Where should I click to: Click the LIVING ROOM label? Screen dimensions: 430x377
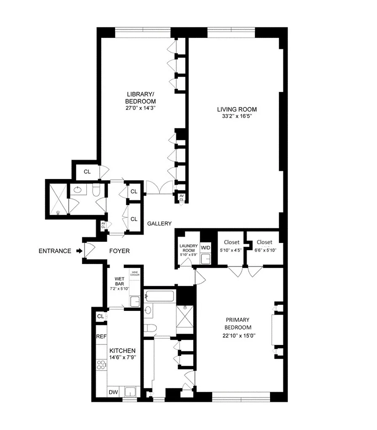tap(235, 110)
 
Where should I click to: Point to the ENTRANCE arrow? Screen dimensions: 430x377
tap(79, 251)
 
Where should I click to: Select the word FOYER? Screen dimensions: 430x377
tap(120, 251)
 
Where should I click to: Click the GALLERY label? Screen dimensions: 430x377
tap(159, 224)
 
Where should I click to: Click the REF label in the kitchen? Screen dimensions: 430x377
tap(101, 337)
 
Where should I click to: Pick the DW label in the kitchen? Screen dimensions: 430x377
tap(113, 393)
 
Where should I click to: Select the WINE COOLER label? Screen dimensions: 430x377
tap(135, 274)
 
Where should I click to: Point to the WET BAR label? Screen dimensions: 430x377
tap(120, 281)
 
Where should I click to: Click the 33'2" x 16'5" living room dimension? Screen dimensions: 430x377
tap(235, 116)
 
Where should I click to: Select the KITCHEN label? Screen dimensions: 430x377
tap(123, 351)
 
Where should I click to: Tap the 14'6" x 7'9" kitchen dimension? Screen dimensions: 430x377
tap(123, 358)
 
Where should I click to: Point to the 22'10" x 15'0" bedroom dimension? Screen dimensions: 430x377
tap(237, 336)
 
